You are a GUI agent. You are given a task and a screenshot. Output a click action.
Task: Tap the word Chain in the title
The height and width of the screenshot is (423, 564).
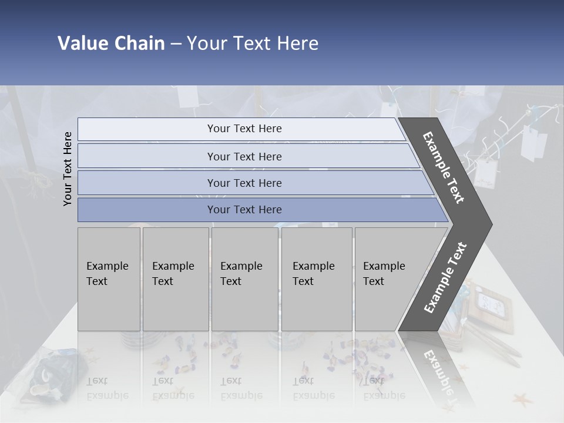tap(138, 43)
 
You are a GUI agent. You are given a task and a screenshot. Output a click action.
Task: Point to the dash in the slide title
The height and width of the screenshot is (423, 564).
tap(176, 44)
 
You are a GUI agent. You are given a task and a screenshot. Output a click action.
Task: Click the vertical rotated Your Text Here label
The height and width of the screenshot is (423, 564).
tap(68, 169)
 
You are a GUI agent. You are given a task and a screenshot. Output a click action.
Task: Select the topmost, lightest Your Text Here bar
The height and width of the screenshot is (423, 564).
tap(244, 129)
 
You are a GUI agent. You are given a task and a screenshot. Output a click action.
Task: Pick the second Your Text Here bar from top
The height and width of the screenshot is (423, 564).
tap(244, 156)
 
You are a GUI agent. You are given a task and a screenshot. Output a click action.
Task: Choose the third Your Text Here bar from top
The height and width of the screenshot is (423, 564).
tap(244, 183)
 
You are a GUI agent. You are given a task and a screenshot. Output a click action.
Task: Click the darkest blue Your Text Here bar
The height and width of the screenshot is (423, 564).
tap(244, 210)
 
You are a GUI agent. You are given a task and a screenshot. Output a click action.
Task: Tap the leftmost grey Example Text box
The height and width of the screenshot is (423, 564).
tap(109, 279)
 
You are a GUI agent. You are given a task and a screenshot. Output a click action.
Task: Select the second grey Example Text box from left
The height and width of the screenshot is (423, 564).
tap(176, 279)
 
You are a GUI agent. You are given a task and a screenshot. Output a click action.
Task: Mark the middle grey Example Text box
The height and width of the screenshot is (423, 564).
tap(244, 279)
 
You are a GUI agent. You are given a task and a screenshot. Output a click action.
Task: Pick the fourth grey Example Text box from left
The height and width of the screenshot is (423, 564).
tap(317, 279)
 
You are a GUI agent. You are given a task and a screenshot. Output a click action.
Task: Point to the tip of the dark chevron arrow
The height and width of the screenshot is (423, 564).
tap(491, 224)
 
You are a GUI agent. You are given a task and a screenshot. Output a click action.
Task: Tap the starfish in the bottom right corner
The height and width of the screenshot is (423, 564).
tap(521, 401)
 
